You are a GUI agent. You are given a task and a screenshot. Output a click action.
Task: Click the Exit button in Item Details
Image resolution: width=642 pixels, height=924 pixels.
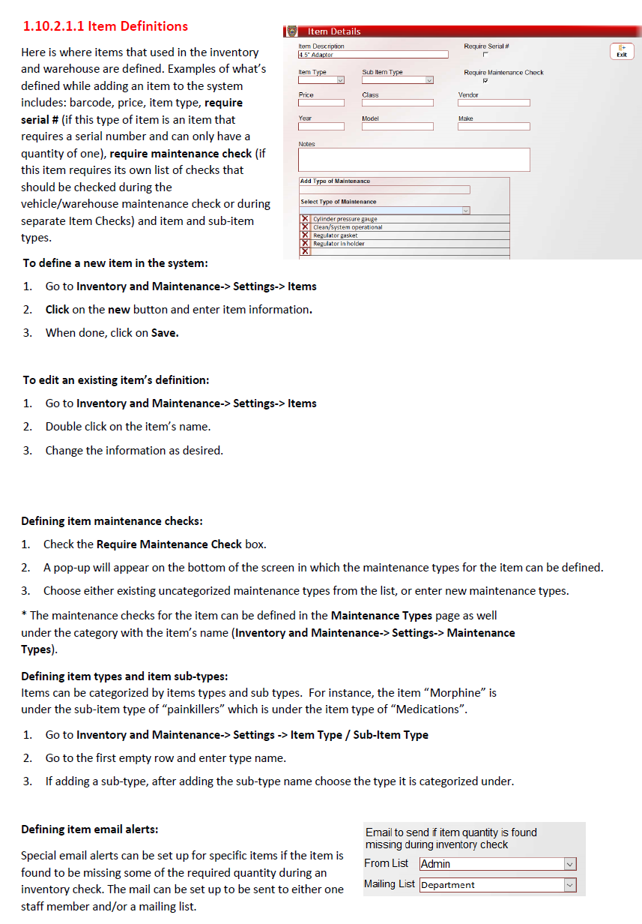pos(621,50)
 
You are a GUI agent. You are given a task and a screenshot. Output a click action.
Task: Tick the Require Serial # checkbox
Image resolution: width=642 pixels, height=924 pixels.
pos(485,55)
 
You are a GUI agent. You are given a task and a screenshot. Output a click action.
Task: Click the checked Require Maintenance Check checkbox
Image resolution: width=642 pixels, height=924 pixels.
pos(485,81)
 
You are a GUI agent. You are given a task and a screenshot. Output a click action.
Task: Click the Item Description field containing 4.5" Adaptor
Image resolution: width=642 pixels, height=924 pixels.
pos(372,55)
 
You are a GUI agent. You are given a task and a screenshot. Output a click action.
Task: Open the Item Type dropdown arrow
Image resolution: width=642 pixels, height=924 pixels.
pos(340,81)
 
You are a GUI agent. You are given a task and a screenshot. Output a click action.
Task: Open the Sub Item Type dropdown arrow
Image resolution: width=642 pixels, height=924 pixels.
pos(429,81)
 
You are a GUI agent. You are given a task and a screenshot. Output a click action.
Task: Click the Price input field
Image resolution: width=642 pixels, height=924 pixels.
pos(321,103)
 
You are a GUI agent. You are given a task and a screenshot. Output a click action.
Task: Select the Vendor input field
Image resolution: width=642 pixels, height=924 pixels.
pos(494,103)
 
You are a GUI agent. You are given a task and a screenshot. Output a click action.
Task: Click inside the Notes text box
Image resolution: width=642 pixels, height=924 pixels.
pos(414,160)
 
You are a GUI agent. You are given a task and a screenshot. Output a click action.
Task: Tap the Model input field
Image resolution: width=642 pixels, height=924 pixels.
pos(397,127)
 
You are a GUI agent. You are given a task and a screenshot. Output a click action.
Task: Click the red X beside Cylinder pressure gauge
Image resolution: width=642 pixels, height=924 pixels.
pos(305,219)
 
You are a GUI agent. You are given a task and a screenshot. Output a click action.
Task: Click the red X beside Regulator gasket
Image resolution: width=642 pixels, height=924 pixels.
pos(305,235)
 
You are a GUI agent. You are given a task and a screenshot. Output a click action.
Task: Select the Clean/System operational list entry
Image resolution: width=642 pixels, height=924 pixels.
pos(348,227)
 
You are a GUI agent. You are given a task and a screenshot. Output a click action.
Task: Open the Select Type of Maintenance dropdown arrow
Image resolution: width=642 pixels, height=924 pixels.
pos(465,211)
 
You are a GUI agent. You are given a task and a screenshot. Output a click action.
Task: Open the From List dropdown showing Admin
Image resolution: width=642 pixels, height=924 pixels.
pos(569,864)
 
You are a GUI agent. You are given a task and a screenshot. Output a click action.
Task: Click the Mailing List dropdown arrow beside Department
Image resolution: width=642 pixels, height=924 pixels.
pos(569,885)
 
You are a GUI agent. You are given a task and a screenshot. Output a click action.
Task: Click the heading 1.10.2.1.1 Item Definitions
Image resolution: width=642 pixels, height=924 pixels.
pos(105,26)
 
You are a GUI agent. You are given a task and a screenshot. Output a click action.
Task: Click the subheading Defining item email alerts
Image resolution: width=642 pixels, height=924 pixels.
pos(89,829)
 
